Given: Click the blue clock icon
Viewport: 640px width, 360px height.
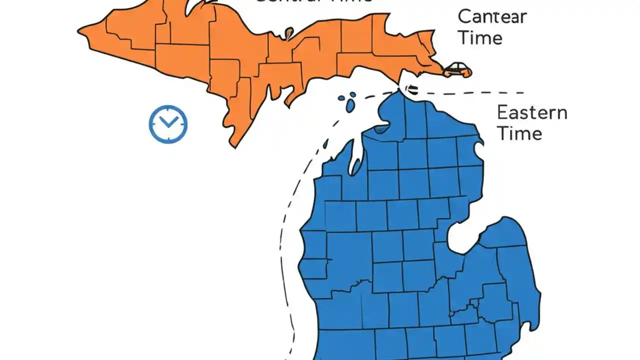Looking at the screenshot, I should (x=168, y=124).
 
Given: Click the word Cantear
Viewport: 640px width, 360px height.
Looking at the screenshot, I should (x=492, y=17).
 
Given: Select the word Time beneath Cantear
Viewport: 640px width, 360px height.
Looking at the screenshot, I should (x=480, y=38).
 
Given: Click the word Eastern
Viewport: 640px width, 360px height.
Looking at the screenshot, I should (x=532, y=112).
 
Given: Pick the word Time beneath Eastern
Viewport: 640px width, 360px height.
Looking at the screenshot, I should (x=519, y=133).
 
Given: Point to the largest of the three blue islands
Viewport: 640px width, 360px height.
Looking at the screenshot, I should (x=350, y=105).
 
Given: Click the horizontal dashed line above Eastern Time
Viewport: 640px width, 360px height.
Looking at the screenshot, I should (x=475, y=92).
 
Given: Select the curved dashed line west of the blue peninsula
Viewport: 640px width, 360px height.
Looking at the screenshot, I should (x=287, y=225).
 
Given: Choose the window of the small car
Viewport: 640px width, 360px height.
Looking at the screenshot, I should (x=457, y=66).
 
